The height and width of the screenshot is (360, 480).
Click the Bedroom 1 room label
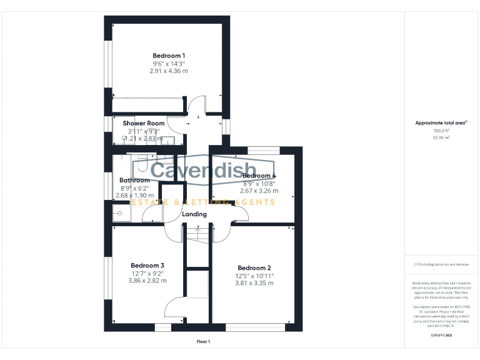(x=169, y=56)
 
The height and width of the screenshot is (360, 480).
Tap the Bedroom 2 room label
(x=254, y=267)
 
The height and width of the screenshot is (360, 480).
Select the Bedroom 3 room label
(x=147, y=265)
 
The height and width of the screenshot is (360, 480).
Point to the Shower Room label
(x=144, y=123)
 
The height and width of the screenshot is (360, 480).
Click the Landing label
(x=194, y=214)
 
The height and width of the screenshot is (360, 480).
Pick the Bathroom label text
(x=135, y=180)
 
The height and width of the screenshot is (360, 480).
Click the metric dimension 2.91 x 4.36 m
(x=169, y=71)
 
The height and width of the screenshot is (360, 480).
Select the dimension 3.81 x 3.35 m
(x=254, y=283)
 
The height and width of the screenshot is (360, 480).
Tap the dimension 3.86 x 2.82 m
(x=147, y=281)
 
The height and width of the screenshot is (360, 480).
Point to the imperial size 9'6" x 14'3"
(x=169, y=64)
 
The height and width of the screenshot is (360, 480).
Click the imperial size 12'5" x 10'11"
(x=254, y=276)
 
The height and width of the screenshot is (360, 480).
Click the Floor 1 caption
(x=203, y=341)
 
